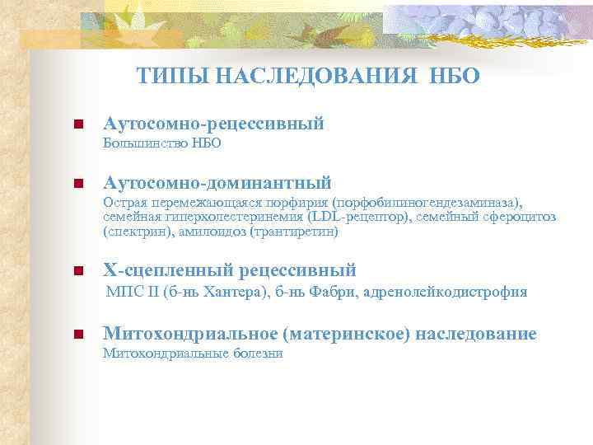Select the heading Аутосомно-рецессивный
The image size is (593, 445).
click(x=212, y=124)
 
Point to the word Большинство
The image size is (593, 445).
click(x=146, y=143)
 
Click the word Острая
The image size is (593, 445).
click(x=123, y=202)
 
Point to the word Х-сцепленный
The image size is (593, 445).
click(x=164, y=270)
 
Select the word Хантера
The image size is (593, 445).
click(x=219, y=291)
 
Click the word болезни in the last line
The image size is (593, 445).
click(x=255, y=353)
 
